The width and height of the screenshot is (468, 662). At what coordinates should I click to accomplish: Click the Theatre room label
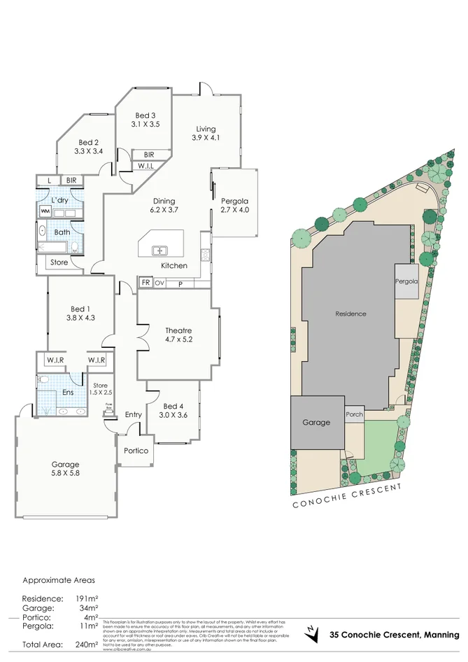(178, 330)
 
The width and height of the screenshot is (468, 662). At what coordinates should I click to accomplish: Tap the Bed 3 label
(145, 115)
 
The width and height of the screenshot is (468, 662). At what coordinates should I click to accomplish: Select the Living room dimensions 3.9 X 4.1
(206, 138)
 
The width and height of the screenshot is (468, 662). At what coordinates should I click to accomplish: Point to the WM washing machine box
(45, 211)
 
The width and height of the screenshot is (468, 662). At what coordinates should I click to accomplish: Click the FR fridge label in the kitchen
(146, 283)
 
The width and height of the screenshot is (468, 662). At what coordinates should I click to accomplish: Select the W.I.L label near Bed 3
(146, 166)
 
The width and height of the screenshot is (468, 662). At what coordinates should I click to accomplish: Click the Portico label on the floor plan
(136, 451)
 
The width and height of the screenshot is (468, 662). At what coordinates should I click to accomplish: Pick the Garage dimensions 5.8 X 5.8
(66, 474)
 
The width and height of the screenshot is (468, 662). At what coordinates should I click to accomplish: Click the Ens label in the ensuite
(68, 393)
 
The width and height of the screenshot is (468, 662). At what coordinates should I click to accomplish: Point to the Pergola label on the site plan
(406, 281)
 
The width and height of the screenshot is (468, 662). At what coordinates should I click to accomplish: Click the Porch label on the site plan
(355, 414)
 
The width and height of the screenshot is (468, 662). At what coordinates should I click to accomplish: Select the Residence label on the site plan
(350, 314)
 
